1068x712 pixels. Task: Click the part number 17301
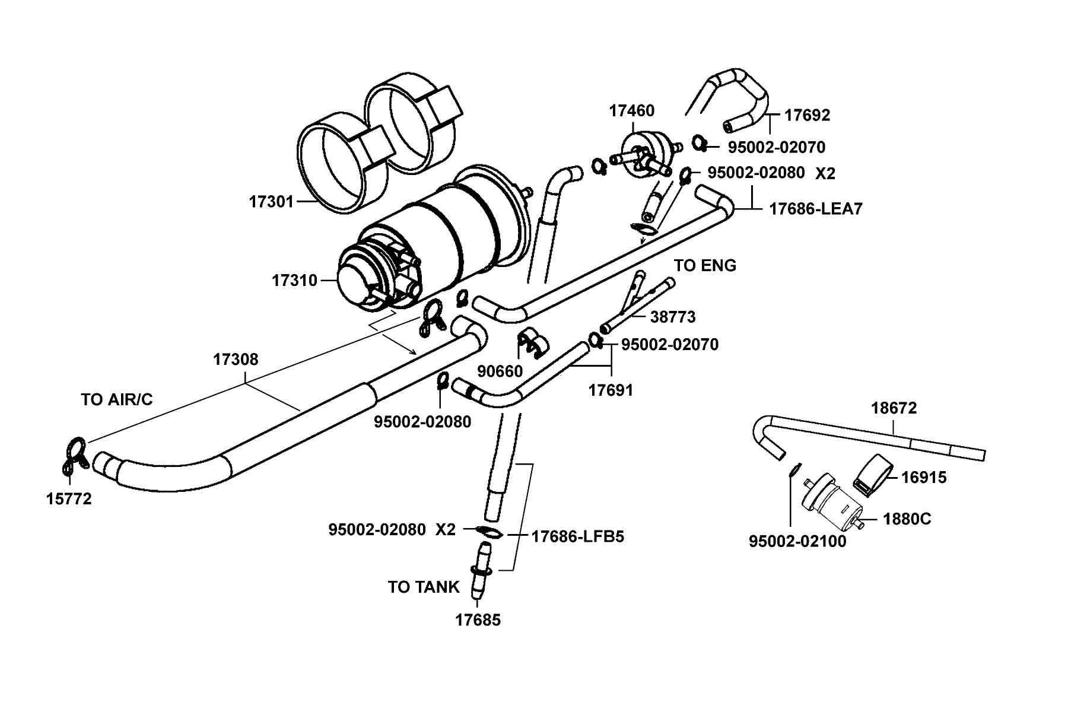pos(271,202)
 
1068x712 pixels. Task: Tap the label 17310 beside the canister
pos(295,280)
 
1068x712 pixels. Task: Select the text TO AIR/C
pos(117,400)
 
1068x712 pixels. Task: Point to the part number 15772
pos(69,499)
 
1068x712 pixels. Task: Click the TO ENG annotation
pos(705,266)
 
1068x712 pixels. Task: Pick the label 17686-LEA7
pos(816,209)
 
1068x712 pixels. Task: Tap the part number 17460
pos(632,111)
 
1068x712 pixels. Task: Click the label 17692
pos(808,115)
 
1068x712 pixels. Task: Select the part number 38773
pos(673,317)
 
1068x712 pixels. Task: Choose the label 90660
pos(500,371)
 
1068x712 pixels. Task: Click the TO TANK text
pos(424,587)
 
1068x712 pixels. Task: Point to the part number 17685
pos(478,620)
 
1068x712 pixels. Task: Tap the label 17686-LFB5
pos(578,536)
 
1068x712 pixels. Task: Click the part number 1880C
pos(907,519)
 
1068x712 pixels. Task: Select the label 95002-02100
pos(797,541)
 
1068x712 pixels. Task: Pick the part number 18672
pos(894,408)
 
